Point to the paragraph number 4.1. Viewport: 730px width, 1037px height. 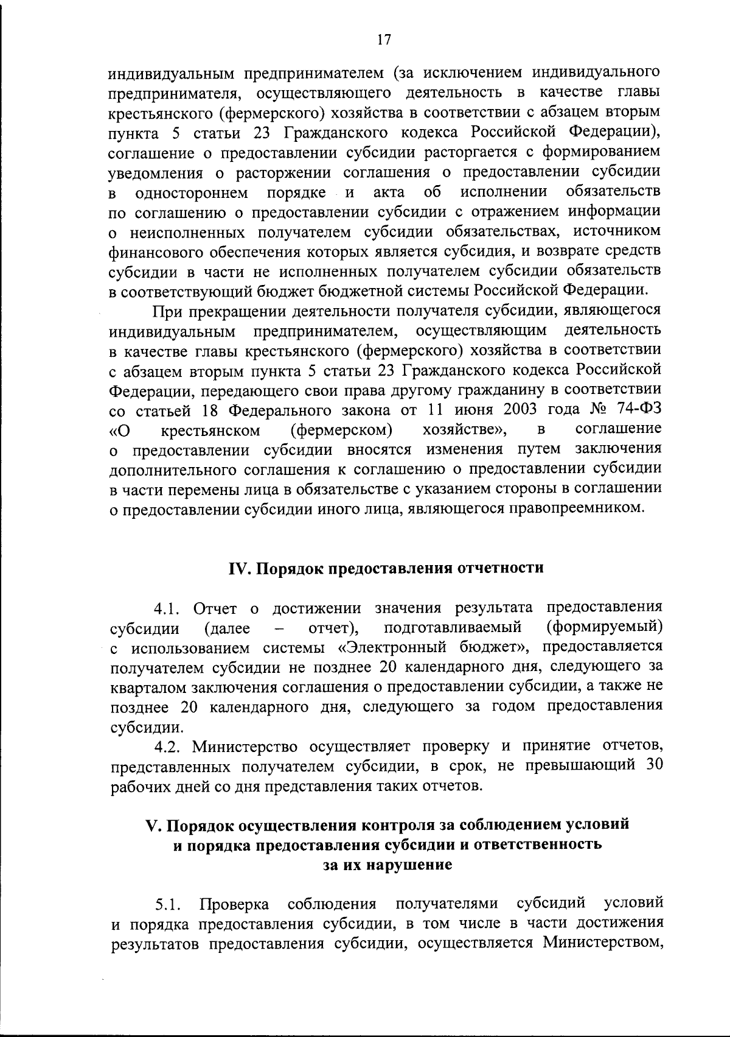(168, 608)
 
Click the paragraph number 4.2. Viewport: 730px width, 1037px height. (168, 747)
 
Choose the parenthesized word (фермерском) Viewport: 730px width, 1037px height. (341, 430)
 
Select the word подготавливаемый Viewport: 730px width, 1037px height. (454, 627)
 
